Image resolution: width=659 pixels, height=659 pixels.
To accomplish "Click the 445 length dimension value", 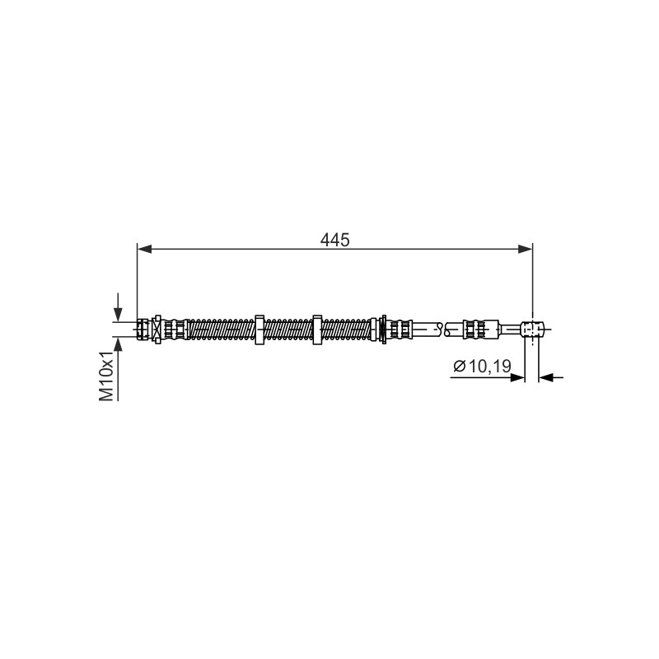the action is tap(334, 240).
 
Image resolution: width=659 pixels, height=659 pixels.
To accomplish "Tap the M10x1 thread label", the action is tap(107, 376).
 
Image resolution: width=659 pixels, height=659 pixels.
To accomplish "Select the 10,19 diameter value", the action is tap(489, 366).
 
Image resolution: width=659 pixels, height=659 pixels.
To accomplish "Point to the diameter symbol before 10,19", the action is tap(460, 367).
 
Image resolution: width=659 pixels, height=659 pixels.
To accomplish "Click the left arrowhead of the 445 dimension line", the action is tap(144, 250).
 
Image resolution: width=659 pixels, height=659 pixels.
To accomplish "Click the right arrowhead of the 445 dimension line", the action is tap(526, 250).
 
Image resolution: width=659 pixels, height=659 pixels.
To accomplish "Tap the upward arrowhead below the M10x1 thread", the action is tap(118, 344).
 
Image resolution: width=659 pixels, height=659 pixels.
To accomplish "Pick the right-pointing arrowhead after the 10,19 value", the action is tap(517, 377).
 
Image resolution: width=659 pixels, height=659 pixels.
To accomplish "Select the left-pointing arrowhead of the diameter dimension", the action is tap(545, 377).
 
